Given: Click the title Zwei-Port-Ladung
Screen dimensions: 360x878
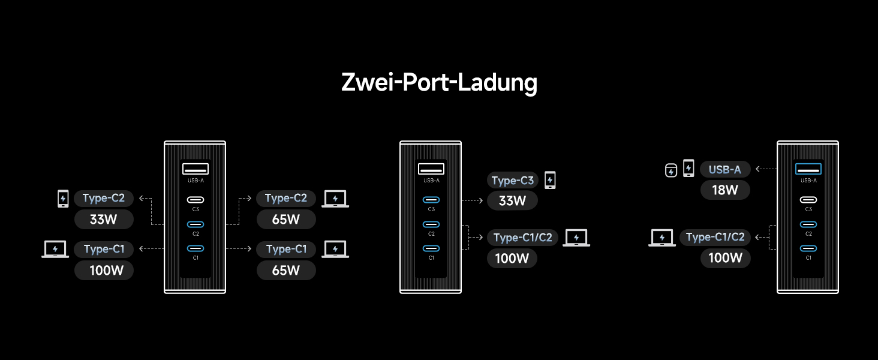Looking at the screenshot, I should click(439, 82).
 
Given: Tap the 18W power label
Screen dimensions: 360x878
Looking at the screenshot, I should click(725, 191).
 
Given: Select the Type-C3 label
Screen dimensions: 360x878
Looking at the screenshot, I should click(512, 181).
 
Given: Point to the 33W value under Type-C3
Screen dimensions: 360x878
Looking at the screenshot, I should click(512, 201).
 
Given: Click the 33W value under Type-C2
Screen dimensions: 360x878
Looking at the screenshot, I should click(104, 219).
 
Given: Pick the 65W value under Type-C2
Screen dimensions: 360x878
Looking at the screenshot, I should click(286, 219).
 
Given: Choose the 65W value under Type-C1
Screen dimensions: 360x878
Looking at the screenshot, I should click(286, 270).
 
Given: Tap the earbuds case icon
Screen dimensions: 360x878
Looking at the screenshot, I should click(671, 170).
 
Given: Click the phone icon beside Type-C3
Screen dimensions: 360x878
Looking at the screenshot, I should click(550, 180).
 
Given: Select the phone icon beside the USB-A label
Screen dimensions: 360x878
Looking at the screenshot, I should click(688, 169).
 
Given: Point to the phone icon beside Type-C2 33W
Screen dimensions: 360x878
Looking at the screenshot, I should click(63, 199).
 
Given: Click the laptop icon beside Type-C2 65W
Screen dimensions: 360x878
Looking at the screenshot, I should click(335, 199).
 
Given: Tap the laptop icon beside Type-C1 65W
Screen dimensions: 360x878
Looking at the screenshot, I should click(335, 249).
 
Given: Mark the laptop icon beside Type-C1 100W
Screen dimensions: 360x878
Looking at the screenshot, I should click(55, 249).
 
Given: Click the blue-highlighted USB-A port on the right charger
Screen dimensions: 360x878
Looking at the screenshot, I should click(808, 169).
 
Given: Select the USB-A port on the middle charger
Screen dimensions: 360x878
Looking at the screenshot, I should click(431, 169).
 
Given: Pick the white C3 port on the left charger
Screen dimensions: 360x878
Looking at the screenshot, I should click(196, 200).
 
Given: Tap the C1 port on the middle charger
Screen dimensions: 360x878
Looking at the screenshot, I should click(431, 248).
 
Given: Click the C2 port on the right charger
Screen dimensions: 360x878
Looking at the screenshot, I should click(808, 224).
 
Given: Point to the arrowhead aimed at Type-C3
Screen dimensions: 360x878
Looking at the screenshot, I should click(481, 201).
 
